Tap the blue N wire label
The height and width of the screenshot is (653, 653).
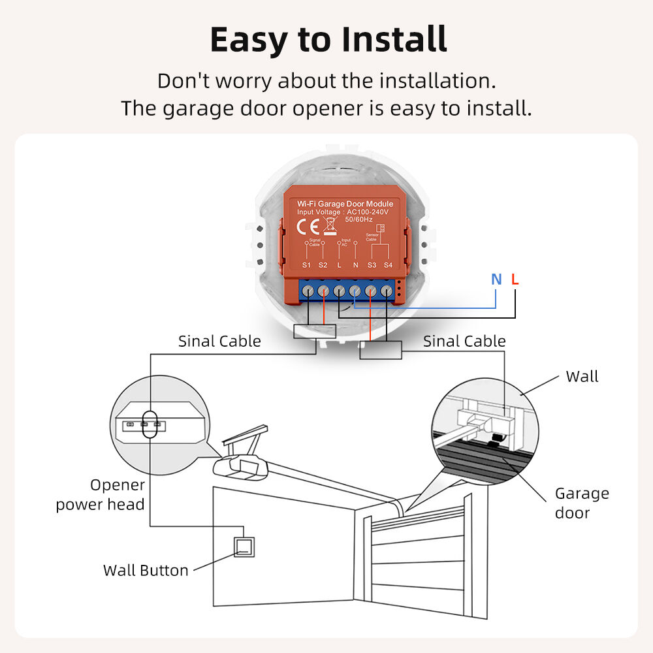coord(496,279)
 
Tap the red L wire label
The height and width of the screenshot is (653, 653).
coord(515,279)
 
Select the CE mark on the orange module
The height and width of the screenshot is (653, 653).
coord(308,227)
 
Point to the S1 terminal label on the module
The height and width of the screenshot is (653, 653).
coord(307,264)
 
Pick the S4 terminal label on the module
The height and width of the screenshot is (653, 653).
coord(388,264)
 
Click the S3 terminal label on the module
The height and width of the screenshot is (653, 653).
coord(372,264)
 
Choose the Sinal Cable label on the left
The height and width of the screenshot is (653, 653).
coord(219,341)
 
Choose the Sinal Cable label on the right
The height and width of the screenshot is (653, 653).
coord(464,341)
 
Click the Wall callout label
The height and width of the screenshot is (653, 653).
coord(582,376)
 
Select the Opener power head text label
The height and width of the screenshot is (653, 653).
coord(101,494)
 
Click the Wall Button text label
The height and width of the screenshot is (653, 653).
coord(146,570)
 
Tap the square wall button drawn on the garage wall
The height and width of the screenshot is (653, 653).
coord(244,547)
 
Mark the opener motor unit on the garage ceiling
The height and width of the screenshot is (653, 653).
coord(242,466)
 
